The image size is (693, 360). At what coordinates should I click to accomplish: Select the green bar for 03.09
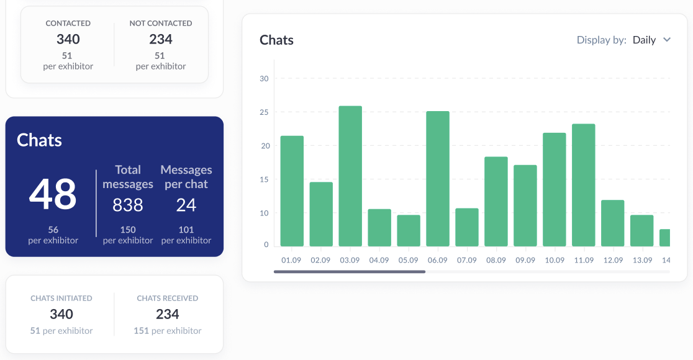[350, 176]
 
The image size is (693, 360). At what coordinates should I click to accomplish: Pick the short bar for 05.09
[409, 230]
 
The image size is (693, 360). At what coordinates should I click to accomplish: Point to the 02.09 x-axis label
[320, 260]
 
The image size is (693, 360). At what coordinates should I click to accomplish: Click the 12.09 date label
[613, 260]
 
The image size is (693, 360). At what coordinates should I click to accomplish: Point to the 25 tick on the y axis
[264, 112]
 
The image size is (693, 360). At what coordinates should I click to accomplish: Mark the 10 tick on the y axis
[264, 213]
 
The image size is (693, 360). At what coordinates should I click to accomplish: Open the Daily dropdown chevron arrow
[667, 40]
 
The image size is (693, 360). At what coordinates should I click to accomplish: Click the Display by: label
[601, 40]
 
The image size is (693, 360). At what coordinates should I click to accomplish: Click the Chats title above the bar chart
[276, 40]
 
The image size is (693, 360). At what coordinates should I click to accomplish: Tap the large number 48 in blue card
[53, 194]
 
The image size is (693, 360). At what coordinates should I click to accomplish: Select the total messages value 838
[128, 205]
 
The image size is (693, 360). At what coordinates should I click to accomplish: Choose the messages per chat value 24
[186, 205]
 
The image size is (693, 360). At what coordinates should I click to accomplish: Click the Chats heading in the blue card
[39, 140]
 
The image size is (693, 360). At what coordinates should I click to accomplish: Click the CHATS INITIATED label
[61, 298]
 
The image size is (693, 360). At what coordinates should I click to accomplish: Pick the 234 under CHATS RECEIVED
[168, 314]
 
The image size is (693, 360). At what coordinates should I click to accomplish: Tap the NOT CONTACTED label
[161, 23]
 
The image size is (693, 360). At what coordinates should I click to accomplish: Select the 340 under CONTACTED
[68, 39]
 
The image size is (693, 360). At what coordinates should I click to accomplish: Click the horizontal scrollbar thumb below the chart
[350, 271]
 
